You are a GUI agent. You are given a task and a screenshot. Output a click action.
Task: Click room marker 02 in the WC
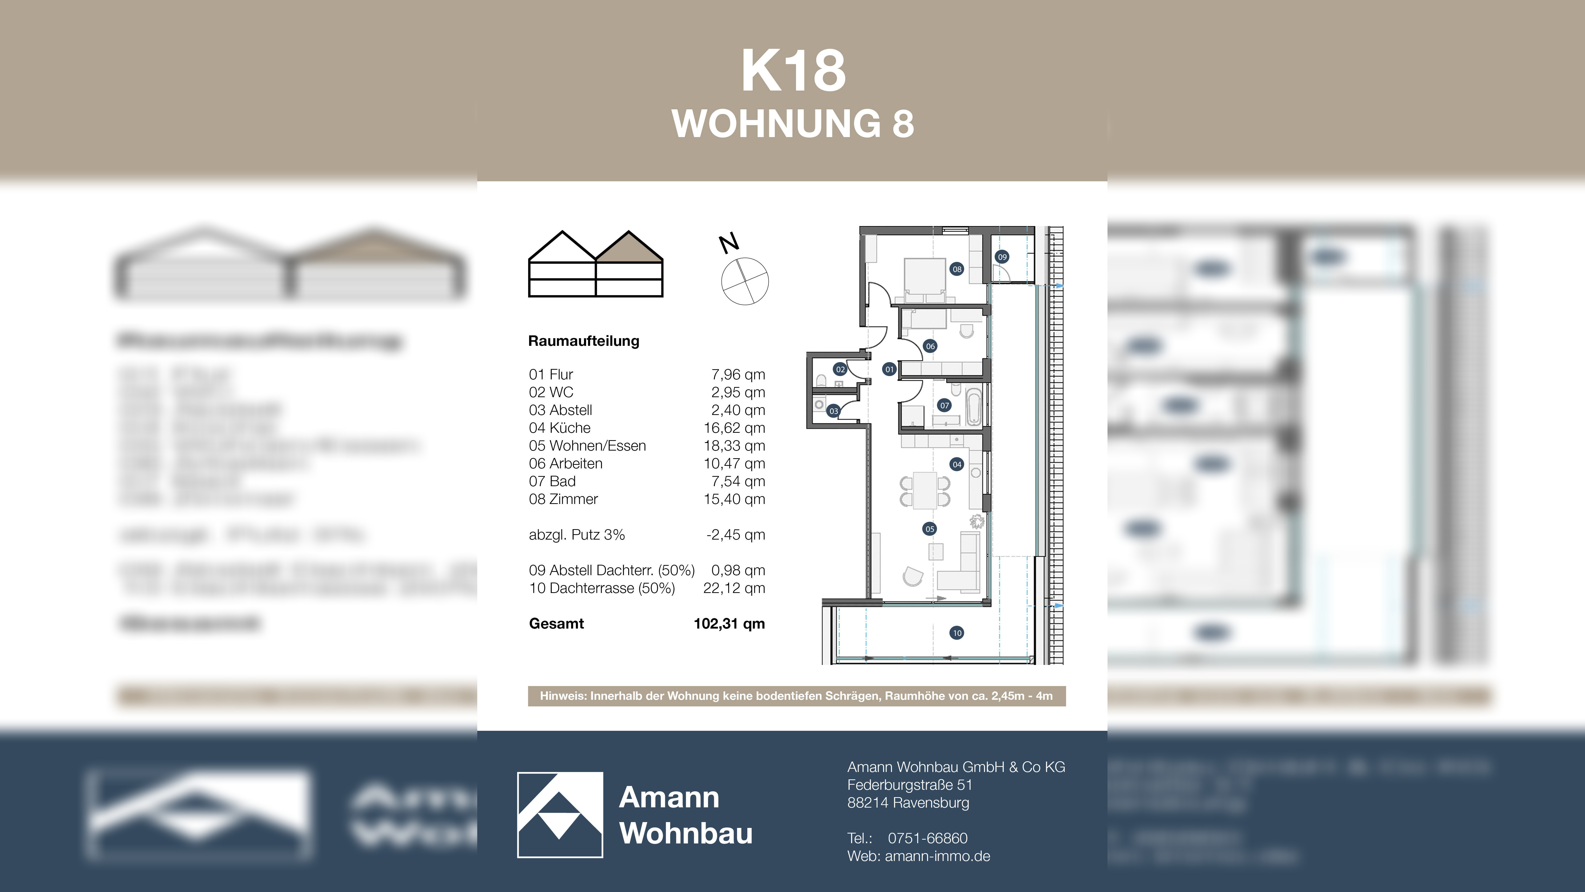tap(840, 369)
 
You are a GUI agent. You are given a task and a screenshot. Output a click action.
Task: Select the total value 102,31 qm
tap(729, 623)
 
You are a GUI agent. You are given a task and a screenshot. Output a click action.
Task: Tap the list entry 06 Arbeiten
tap(565, 464)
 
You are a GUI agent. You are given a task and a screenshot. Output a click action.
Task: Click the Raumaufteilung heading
tap(583, 341)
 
